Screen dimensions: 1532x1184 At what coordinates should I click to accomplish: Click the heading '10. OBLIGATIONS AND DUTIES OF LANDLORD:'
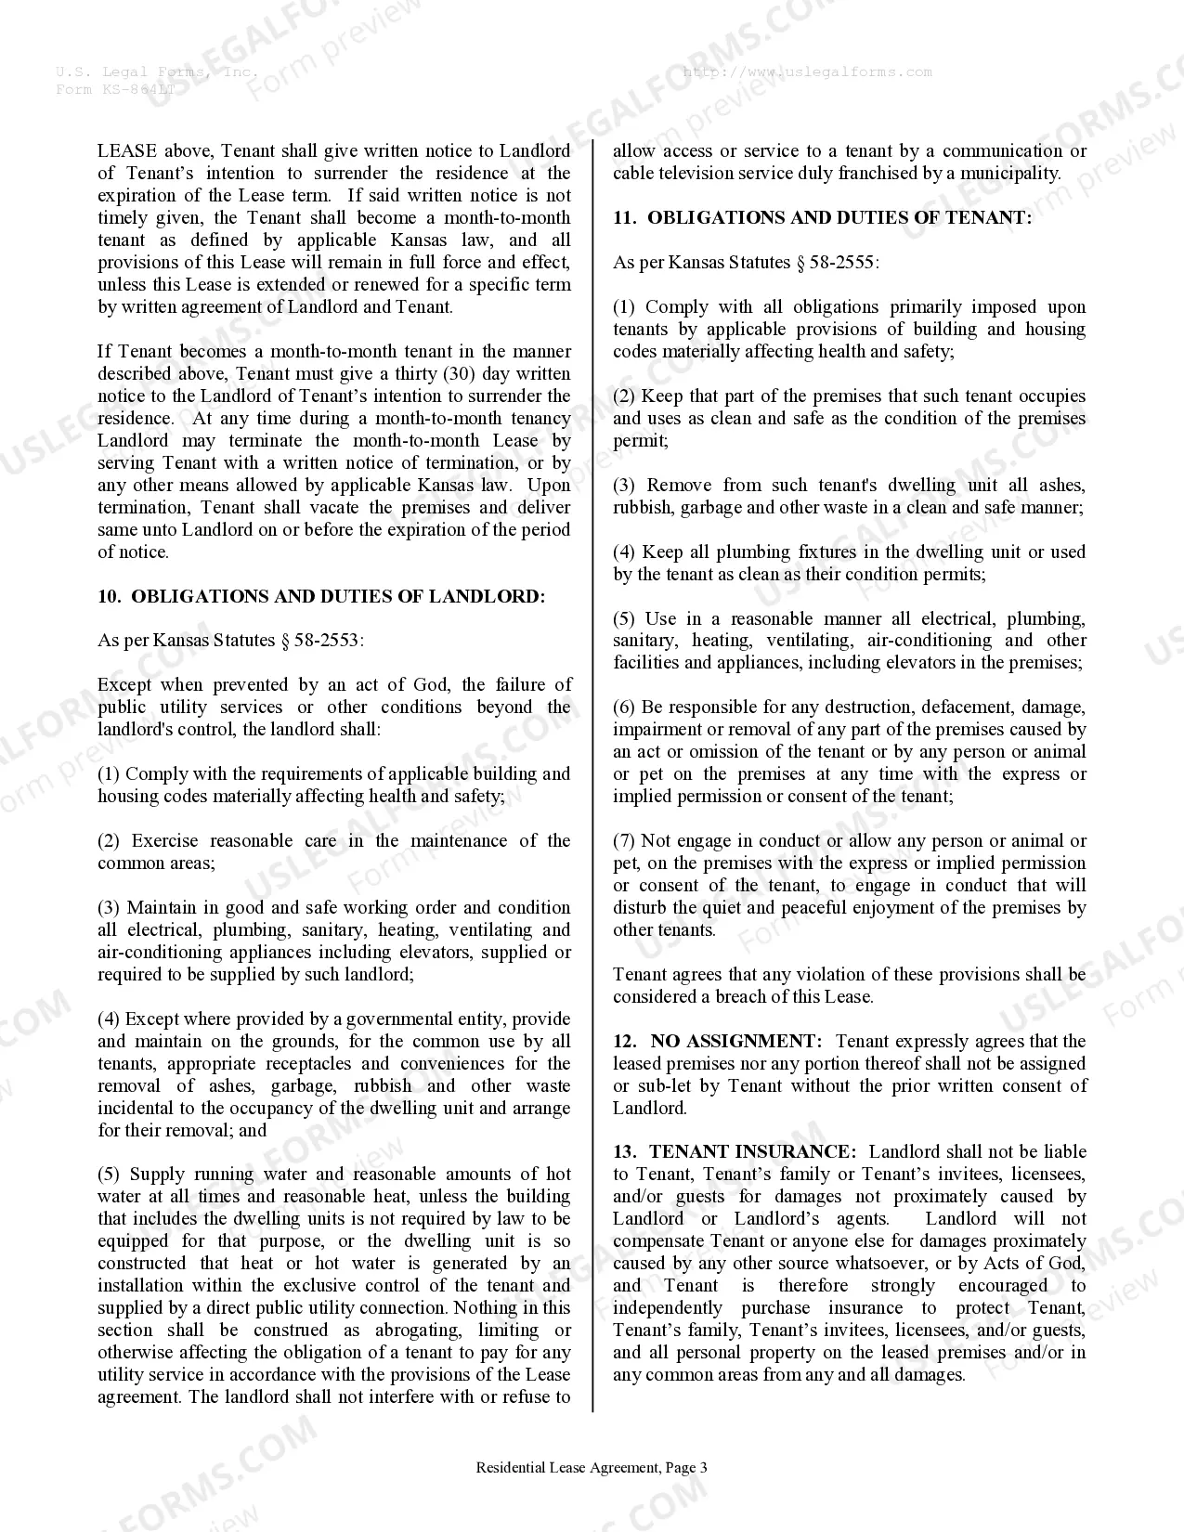[x=321, y=596]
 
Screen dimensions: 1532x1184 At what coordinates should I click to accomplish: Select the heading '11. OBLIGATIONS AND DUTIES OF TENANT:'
[x=822, y=217]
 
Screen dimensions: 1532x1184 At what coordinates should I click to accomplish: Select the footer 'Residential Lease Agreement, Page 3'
[x=592, y=1468]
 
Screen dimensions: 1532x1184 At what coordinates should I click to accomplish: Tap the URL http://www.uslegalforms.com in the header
[x=807, y=71]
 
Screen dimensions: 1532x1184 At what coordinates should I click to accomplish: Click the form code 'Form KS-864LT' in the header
[x=114, y=89]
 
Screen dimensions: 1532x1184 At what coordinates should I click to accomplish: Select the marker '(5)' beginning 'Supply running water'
[x=110, y=1175]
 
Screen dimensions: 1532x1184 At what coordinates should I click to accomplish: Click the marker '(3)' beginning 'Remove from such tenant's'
[x=625, y=485]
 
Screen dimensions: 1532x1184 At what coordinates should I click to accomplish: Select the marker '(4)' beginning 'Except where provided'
[x=110, y=1019]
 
